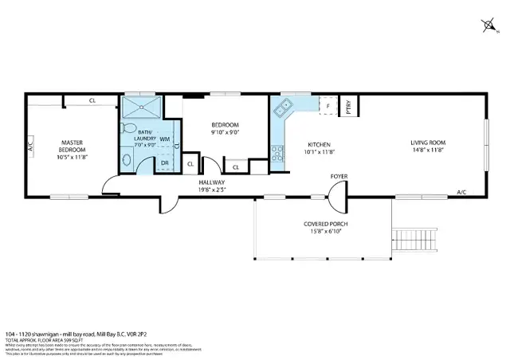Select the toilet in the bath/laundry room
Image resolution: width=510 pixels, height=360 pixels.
(128, 127)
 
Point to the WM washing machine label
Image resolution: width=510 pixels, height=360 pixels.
(164, 139)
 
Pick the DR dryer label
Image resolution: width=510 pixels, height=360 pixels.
(164, 162)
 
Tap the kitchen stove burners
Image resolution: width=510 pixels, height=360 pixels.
(277, 152)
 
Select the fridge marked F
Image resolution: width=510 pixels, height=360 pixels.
(328, 106)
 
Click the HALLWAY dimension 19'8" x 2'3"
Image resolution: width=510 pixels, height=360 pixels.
(213, 190)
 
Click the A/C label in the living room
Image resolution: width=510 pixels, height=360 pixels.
(461, 192)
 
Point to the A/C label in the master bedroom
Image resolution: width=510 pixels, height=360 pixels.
(30, 147)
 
